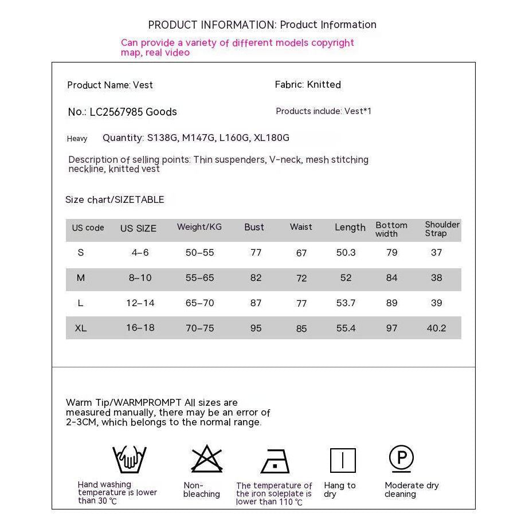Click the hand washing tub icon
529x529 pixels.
pyautogui.click(x=130, y=460)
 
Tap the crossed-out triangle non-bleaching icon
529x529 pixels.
pyautogui.click(x=206, y=459)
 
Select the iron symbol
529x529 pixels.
pyautogui.click(x=275, y=461)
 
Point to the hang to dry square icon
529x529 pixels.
pyautogui.click(x=343, y=460)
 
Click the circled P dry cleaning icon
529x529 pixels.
pyautogui.click(x=401, y=458)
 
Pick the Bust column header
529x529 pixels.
pyautogui.click(x=254, y=227)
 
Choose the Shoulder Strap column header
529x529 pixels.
pyautogui.click(x=442, y=229)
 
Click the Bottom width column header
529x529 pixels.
pyautogui.click(x=391, y=229)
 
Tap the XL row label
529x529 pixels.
pyautogui.click(x=81, y=328)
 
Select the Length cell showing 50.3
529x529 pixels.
pyautogui.click(x=346, y=253)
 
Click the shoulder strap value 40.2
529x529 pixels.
pyautogui.click(x=436, y=328)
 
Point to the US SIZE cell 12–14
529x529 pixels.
pyautogui.click(x=140, y=303)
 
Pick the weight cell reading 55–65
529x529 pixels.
pyautogui.click(x=199, y=278)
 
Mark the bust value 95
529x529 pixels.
pyautogui.click(x=256, y=328)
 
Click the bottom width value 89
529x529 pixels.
pyautogui.click(x=391, y=303)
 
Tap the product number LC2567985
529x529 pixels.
pyautogui.click(x=116, y=112)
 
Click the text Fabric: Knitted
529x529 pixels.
pyautogui.click(x=308, y=85)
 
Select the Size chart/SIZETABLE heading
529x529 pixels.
pyautogui.click(x=115, y=199)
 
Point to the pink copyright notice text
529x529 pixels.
pyautogui.click(x=237, y=48)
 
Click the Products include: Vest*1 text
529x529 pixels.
pyautogui.click(x=323, y=111)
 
